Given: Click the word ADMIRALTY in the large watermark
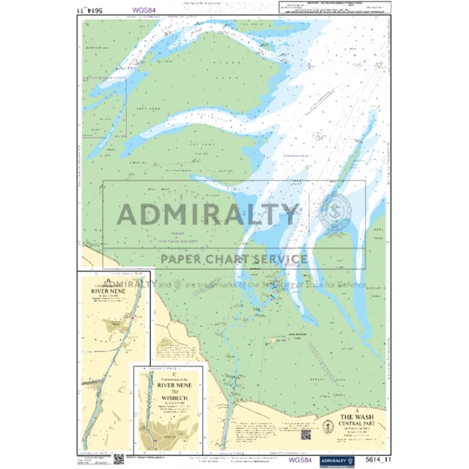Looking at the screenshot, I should click(208, 214).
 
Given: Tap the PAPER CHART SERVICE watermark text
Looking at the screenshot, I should click(234, 259).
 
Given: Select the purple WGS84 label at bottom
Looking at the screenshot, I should click(298, 460).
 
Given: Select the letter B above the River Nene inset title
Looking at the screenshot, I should click(111, 281).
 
